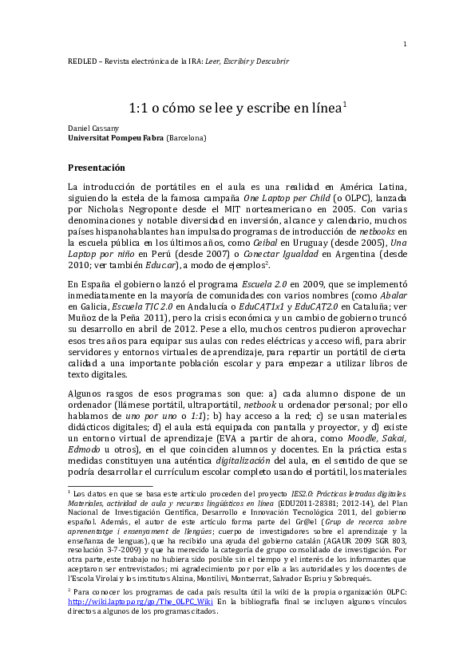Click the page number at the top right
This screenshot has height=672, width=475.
pos(406,43)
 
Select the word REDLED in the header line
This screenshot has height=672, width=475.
pos(81,61)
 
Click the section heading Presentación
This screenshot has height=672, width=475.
pos(97,168)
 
